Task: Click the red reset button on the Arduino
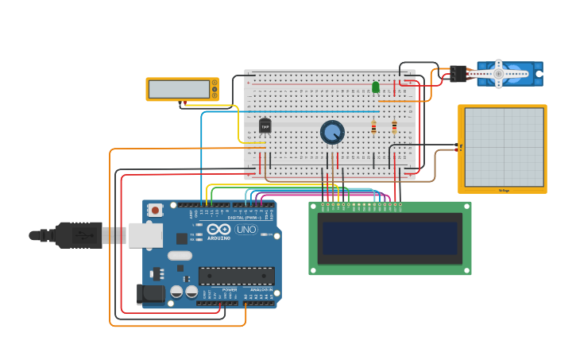(x=155, y=210)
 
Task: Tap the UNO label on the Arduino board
(x=246, y=230)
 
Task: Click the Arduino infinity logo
(x=218, y=229)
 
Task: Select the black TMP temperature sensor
(x=265, y=126)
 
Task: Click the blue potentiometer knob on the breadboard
(x=332, y=132)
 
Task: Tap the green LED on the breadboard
(x=376, y=87)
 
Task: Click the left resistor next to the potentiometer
(x=373, y=127)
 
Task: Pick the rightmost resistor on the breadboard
(x=394, y=127)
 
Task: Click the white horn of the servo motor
(x=498, y=73)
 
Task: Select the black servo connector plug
(x=458, y=74)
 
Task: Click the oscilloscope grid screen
(x=504, y=147)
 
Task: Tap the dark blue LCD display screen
(x=389, y=237)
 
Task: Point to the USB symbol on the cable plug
(x=82, y=235)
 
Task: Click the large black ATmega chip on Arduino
(x=237, y=275)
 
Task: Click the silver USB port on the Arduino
(x=145, y=235)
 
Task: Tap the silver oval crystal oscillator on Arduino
(x=180, y=256)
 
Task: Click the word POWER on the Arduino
(x=230, y=290)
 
